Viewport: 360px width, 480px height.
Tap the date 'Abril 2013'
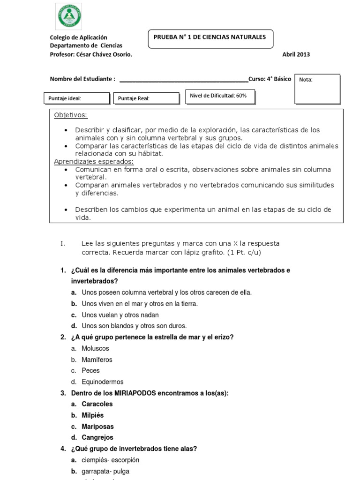coord(296,54)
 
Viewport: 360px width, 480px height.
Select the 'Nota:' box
coord(317,89)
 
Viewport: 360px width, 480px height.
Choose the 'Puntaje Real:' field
coord(146,98)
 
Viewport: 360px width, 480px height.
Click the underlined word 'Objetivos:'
coord(71,115)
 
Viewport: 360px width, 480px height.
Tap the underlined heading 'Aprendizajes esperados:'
coord(94,162)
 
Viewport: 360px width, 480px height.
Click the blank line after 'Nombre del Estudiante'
coord(184,80)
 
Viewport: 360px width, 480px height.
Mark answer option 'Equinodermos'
coord(103,382)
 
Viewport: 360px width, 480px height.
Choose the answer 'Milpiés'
coord(93,415)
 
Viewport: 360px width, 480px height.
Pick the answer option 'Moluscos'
coord(95,349)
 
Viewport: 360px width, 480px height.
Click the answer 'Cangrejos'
coord(97,438)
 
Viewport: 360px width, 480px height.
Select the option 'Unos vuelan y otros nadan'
coord(120,315)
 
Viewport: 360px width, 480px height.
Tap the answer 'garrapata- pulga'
coord(105,472)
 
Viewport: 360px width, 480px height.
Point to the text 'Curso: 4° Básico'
coord(270,79)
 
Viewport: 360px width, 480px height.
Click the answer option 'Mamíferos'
coord(97,360)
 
